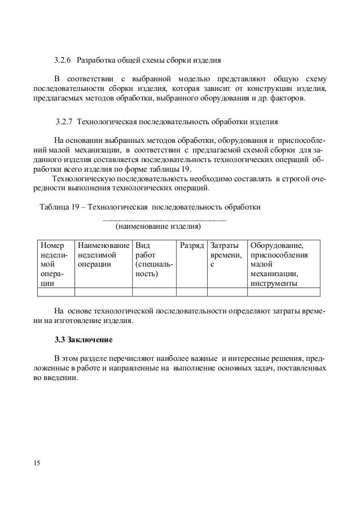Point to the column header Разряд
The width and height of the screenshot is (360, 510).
pos(191,246)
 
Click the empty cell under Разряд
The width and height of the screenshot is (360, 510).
pos(191,292)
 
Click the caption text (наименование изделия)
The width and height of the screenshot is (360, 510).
pos(158,227)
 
